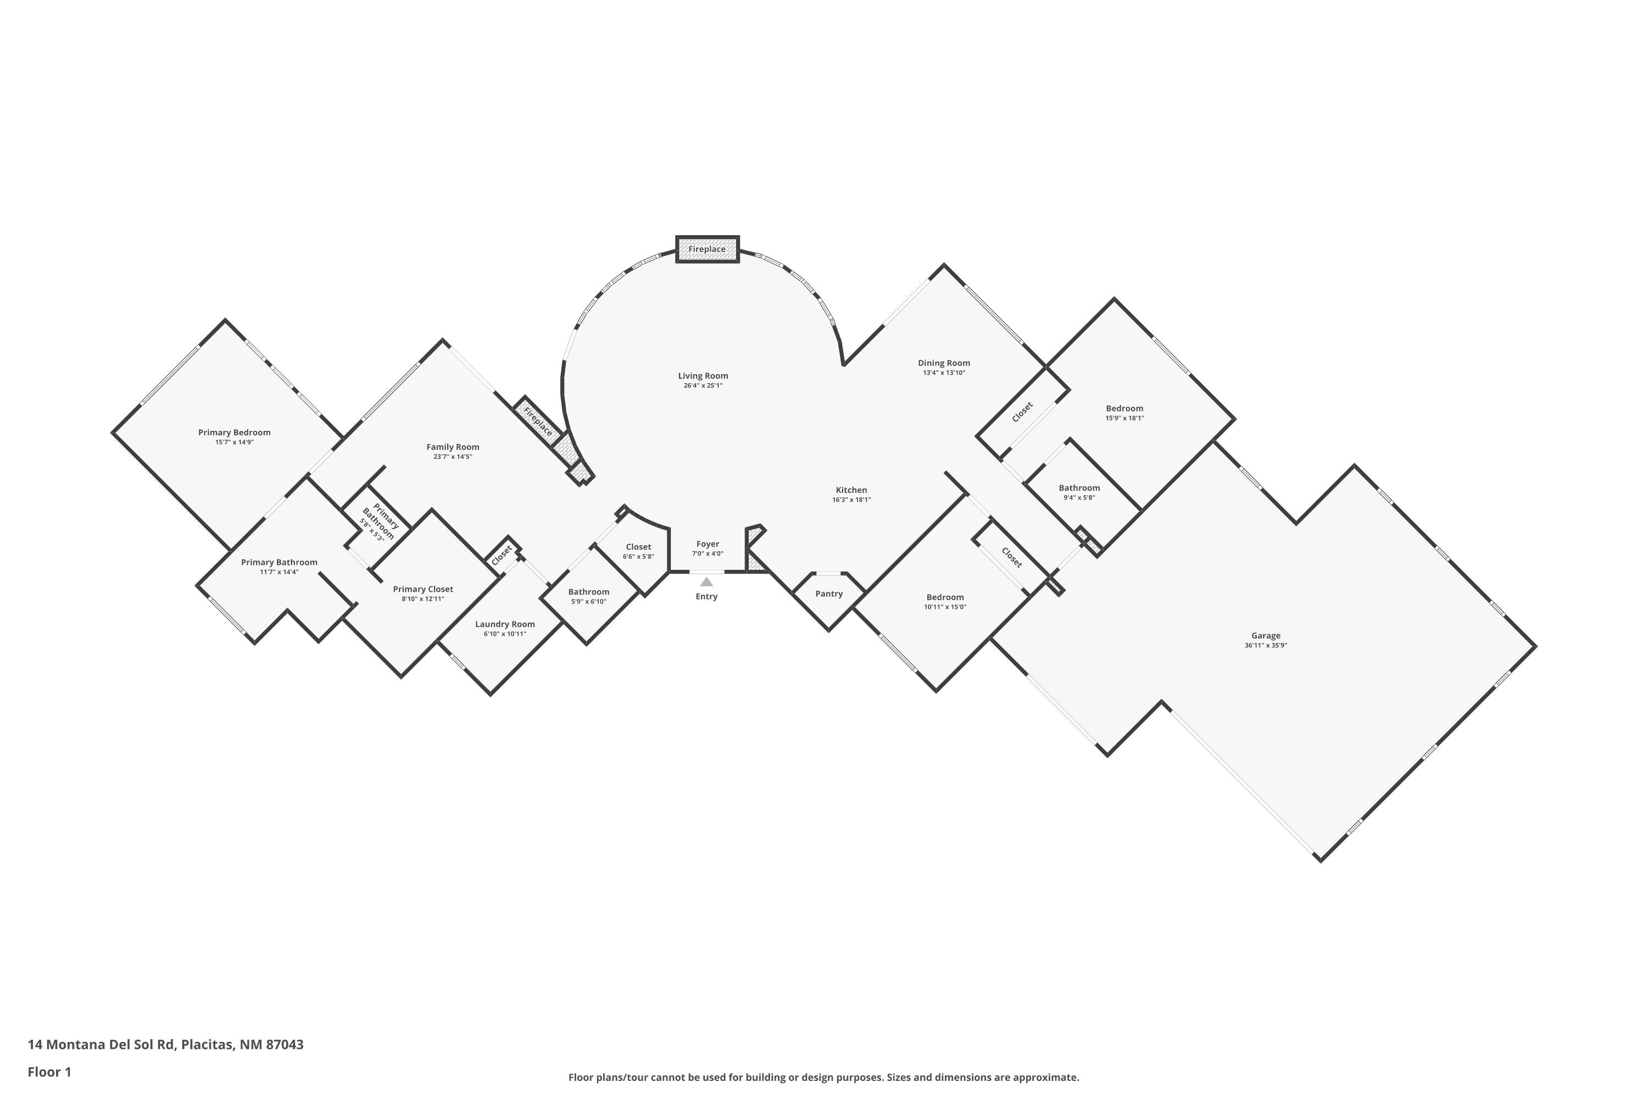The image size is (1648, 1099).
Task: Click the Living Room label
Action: (703, 376)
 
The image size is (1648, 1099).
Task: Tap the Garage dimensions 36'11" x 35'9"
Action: (1266, 646)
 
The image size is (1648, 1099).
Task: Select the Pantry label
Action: (829, 593)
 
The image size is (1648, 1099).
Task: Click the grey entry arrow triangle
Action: (706, 582)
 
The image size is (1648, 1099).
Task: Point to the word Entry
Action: (706, 596)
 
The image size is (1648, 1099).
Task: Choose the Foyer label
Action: (708, 544)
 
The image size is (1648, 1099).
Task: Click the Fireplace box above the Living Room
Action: (707, 249)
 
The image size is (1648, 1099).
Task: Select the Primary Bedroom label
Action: (234, 432)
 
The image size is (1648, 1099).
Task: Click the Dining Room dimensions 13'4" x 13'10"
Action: (944, 373)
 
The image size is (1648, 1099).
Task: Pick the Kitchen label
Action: (851, 491)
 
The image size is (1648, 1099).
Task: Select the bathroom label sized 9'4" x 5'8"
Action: (1079, 488)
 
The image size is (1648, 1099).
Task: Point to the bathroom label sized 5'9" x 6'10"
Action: (588, 592)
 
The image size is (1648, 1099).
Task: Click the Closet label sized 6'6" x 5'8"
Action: (638, 547)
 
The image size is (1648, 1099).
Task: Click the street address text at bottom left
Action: (165, 1045)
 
